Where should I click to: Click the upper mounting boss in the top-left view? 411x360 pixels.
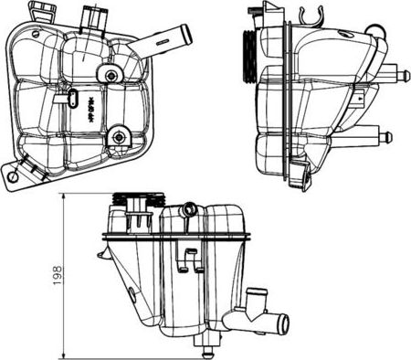tap(111, 75)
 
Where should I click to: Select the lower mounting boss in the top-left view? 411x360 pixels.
tap(119, 137)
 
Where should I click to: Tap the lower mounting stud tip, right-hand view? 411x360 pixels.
tap(389, 137)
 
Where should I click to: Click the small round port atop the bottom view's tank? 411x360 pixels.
tap(189, 208)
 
